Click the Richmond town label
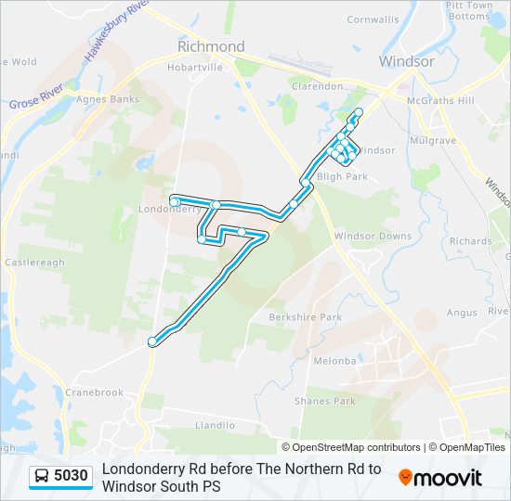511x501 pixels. tap(211, 46)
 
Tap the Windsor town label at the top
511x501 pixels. tap(406, 61)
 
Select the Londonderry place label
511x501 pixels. tap(169, 210)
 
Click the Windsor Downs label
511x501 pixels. tap(373, 237)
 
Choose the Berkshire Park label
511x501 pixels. tap(306, 317)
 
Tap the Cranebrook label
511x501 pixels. tap(94, 392)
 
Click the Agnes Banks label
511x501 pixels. tap(109, 99)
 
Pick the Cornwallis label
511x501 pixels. tap(373, 19)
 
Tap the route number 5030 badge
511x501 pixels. tap(61, 476)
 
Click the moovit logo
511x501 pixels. tap(440, 478)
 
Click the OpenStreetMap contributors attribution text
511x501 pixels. tap(357, 447)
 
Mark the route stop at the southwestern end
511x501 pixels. tap(152, 342)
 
